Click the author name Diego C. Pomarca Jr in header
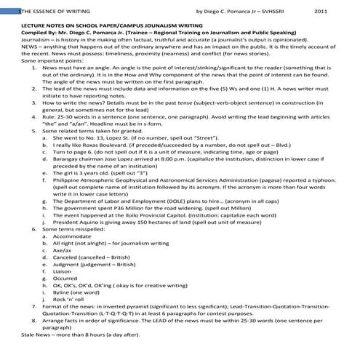[x=239, y=11]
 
